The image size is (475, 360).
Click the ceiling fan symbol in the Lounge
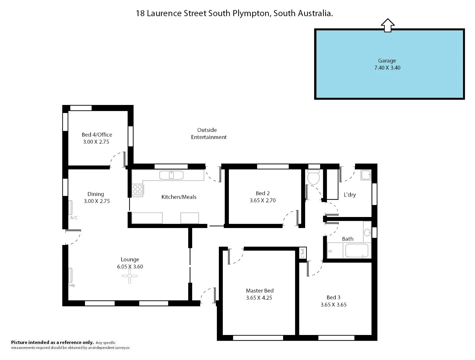(130, 276)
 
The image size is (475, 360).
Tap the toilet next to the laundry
(313, 178)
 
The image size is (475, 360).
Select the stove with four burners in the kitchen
(138, 189)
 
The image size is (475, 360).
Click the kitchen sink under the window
(171, 175)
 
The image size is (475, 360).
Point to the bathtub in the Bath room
(356, 250)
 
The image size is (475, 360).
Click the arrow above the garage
(387, 25)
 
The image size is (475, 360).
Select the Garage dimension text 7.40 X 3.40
(387, 68)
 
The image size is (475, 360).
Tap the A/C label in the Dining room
(74, 218)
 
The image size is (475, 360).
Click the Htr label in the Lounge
(72, 285)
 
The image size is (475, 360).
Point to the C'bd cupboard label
(302, 253)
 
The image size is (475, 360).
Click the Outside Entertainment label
(209, 133)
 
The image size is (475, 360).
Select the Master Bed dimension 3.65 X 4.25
(259, 298)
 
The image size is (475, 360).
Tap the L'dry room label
(349, 195)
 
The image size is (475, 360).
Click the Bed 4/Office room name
(97, 135)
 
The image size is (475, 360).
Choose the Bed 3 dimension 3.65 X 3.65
(333, 304)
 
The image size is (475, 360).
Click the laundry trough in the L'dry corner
(366, 175)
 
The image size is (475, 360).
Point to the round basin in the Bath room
(367, 232)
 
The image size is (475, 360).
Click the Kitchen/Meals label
(179, 197)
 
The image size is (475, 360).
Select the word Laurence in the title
(165, 13)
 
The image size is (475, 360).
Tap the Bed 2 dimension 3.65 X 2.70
(262, 200)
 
